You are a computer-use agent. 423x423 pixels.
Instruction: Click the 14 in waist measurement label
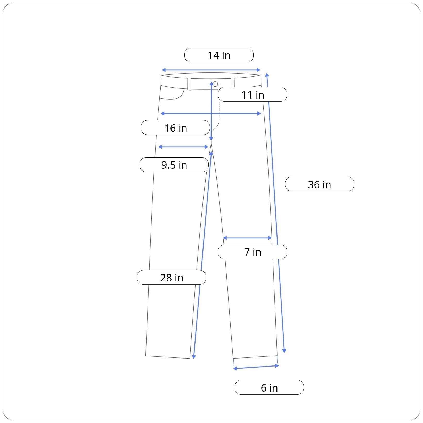click(x=219, y=55)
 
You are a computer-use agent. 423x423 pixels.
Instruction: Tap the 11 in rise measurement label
click(x=253, y=94)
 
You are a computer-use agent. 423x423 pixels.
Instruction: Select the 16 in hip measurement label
click(x=175, y=128)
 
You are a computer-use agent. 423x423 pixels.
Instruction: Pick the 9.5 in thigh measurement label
click(x=174, y=165)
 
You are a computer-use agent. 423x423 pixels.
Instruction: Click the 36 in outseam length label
click(x=320, y=184)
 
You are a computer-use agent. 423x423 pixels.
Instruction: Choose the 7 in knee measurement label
click(x=253, y=252)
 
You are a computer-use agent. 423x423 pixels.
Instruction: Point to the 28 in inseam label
click(x=172, y=278)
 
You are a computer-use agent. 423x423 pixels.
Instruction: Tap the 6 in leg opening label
click(x=269, y=387)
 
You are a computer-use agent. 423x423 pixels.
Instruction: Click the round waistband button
click(x=215, y=84)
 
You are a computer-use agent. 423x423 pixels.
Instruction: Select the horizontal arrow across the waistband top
click(x=211, y=70)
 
